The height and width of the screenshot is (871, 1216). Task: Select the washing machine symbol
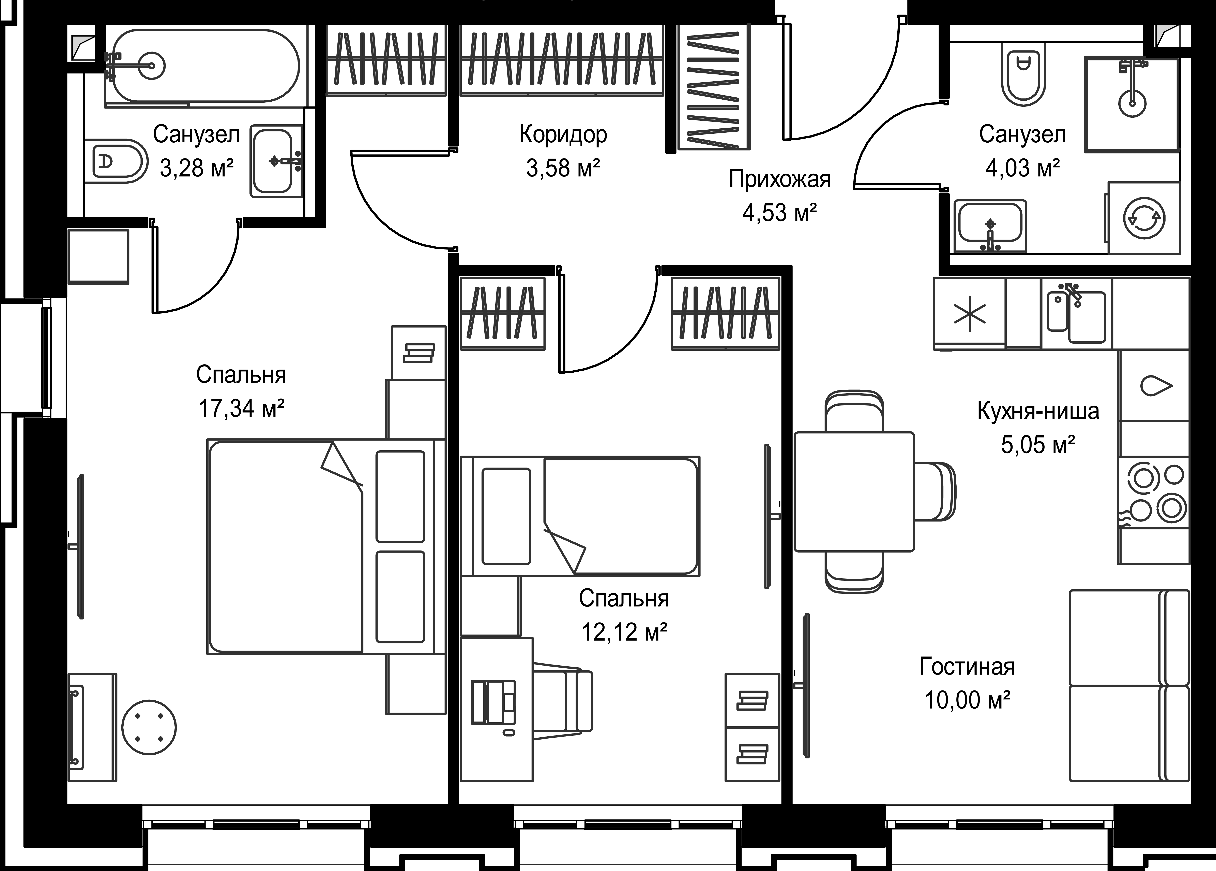click(1144, 218)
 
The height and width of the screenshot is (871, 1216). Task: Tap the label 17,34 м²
click(241, 409)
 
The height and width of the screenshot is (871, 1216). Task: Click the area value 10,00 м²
click(967, 700)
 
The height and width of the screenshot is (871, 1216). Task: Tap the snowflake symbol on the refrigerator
click(970, 314)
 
